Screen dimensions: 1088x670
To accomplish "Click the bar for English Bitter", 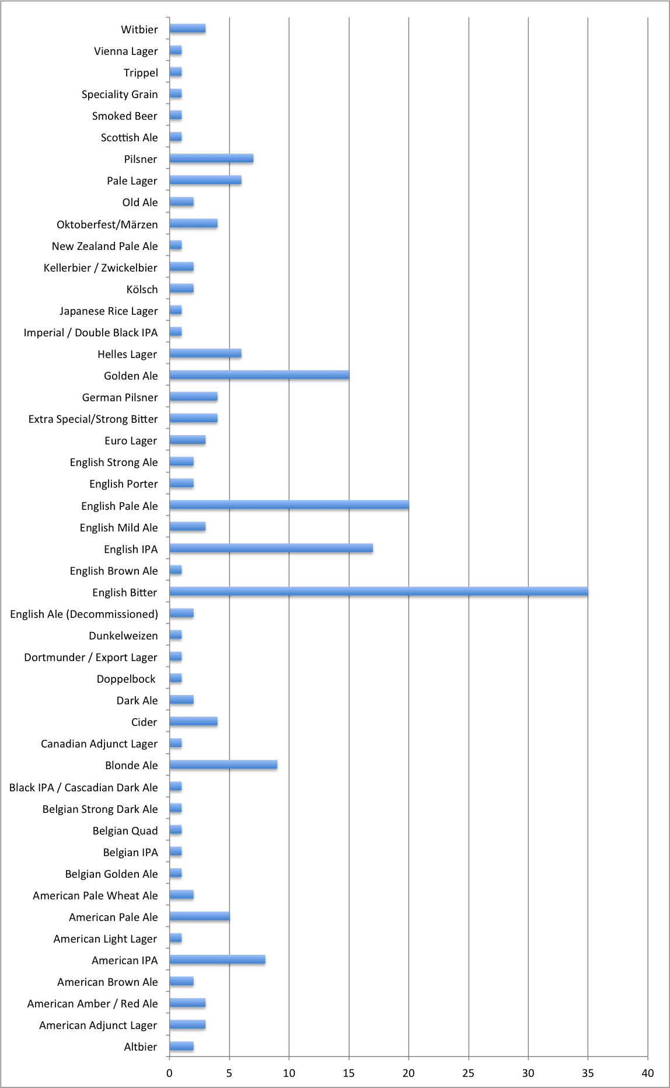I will coord(378,592).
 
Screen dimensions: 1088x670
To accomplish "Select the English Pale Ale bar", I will coord(289,505).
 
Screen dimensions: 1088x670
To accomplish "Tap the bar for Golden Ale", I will coord(259,375).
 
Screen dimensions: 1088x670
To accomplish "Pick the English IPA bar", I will coord(271,548).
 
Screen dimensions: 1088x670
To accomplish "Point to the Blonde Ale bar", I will coord(223,764).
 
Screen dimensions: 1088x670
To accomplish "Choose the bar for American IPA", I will coord(217,960).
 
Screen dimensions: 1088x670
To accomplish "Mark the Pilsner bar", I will coord(211,158).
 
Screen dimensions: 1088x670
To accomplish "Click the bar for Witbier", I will coord(187,29).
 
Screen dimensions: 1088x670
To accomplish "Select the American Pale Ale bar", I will coord(199,916).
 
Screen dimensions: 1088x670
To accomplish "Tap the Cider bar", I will coord(193,721).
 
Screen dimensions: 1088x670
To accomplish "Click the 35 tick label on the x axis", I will coord(588,1073).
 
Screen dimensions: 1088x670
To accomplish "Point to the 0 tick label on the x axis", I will coord(169,1073).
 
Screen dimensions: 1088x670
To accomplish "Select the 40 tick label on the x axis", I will coord(647,1073).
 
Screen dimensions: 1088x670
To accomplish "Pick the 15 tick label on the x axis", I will coord(348,1073).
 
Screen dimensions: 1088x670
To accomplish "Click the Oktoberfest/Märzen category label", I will coord(107,224).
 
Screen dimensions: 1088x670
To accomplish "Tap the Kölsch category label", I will coord(142,289).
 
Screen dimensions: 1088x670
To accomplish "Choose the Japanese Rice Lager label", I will coord(109,311).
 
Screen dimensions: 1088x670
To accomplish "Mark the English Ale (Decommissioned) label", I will coord(84,614).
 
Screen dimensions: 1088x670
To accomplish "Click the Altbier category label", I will coord(140,1047).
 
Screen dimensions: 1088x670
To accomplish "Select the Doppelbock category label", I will coord(126,679).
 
